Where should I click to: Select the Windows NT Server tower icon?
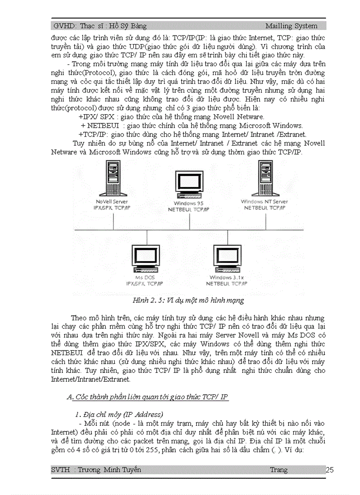264,179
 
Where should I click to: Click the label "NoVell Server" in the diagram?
112,202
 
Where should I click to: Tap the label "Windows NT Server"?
264,202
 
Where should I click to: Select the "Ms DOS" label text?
145,278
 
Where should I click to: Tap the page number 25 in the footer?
330,470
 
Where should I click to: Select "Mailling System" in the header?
291,26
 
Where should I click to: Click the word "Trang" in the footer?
278,470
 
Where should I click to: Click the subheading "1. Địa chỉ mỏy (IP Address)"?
119,415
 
